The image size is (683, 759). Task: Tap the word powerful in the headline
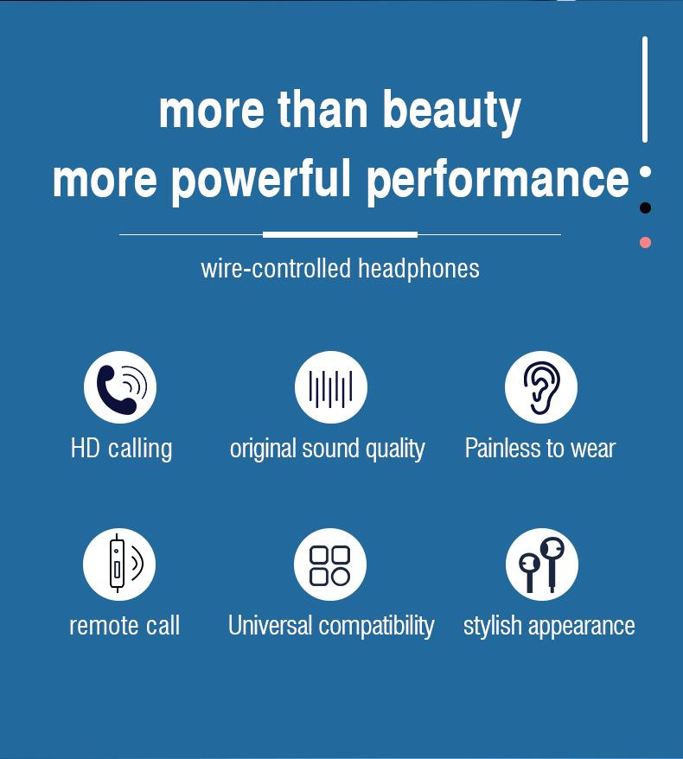260,180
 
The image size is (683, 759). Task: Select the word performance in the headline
498,180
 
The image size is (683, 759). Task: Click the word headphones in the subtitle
418,269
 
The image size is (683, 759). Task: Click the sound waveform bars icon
331,387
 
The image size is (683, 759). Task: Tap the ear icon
541,387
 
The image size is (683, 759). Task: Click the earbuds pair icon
542,564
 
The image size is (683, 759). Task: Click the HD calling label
122,449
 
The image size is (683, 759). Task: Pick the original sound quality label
328,449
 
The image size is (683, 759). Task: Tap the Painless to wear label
540,449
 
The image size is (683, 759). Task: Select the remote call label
124,625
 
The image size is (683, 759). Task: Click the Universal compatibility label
331,626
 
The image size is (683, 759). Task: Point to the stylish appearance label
549,626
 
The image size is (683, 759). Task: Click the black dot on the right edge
645,207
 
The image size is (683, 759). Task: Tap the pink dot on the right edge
645,242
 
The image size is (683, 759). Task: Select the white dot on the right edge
645,172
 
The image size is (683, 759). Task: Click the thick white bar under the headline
340,235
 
